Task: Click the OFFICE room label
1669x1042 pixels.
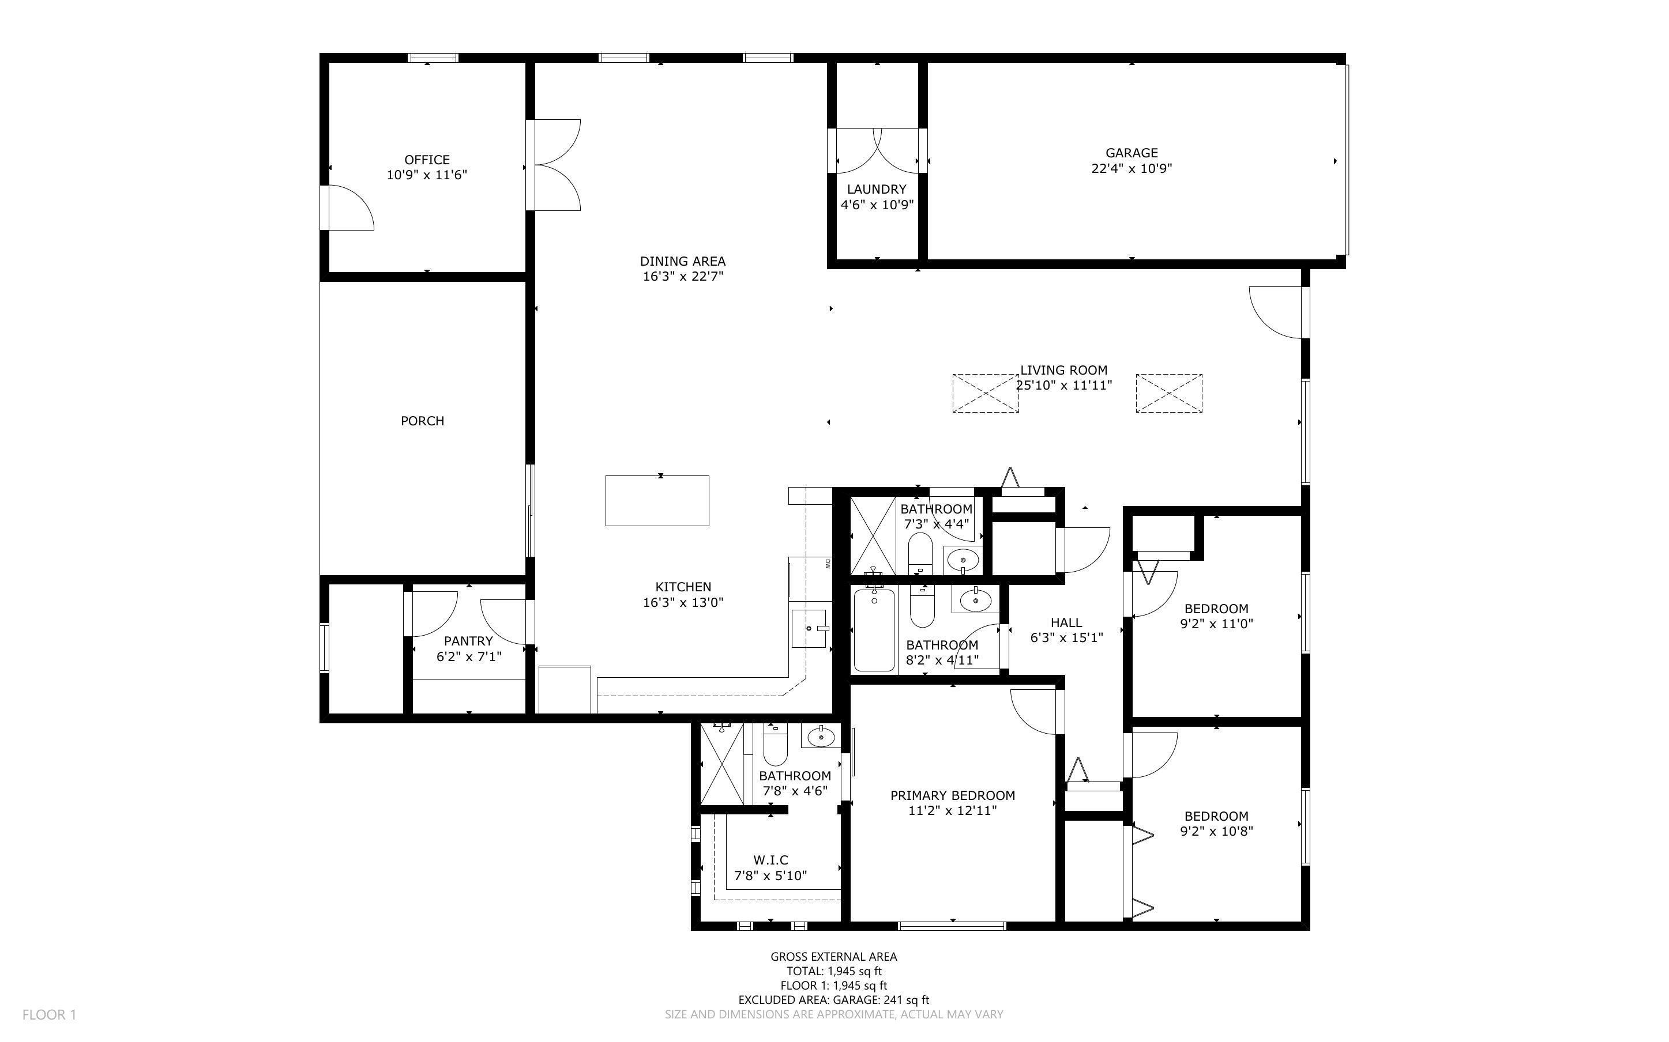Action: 427,160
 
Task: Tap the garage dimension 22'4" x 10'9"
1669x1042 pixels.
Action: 1132,168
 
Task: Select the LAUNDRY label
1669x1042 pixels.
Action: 876,189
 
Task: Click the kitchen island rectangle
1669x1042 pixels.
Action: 657,501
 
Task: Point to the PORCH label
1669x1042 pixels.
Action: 422,420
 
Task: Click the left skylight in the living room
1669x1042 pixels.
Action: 985,394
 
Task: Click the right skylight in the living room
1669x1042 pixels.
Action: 1168,394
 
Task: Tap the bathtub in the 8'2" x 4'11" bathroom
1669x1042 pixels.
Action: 874,630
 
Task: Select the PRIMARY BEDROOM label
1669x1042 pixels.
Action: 952,795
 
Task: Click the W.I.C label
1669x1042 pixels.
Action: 770,860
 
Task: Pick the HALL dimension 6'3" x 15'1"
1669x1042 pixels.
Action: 1066,638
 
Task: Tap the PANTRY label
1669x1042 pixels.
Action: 468,641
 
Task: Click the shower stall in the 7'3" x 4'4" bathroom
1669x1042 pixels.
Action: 872,535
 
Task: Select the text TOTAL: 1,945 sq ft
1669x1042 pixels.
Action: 833,972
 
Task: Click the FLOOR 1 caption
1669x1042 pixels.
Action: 49,1014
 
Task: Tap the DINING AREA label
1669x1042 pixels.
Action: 682,261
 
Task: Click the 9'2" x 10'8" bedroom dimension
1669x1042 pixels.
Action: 1216,831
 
